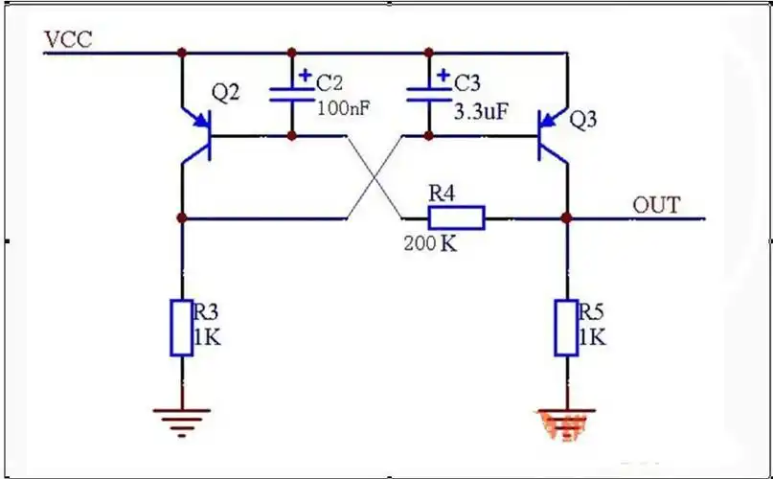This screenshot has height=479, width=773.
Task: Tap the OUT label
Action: pyautogui.click(x=656, y=205)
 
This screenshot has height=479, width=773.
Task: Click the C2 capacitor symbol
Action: pyautogui.click(x=293, y=94)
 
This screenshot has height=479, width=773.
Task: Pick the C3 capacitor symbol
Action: pyautogui.click(x=430, y=94)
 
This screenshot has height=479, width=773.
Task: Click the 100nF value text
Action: pyautogui.click(x=342, y=109)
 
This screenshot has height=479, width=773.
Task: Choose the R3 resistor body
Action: pyautogui.click(x=181, y=328)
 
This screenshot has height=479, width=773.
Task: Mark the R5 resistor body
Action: pyautogui.click(x=565, y=328)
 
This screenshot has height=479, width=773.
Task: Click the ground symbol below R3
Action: pyautogui.click(x=181, y=416)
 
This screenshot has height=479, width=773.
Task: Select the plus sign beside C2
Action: pyautogui.click(x=306, y=73)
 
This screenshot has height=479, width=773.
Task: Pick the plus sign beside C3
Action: pyautogui.click(x=443, y=73)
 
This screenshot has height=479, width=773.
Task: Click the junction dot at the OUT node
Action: pyautogui.click(x=566, y=218)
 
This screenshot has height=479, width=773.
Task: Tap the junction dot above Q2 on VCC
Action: pyautogui.click(x=181, y=52)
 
